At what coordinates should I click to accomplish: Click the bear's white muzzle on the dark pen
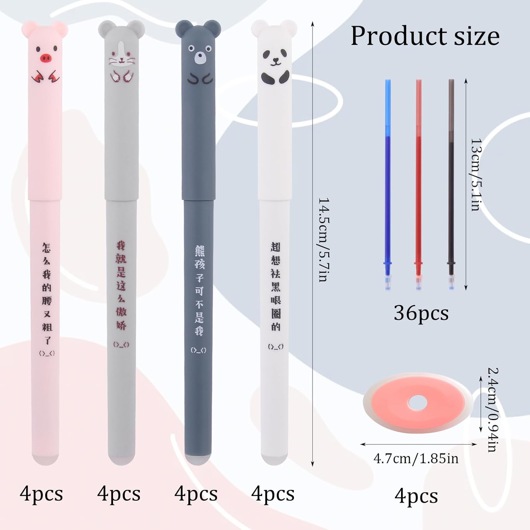tap(200, 58)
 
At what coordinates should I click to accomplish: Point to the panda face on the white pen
tap(275, 58)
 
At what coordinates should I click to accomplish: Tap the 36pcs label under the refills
tap(421, 313)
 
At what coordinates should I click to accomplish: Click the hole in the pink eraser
tap(418, 402)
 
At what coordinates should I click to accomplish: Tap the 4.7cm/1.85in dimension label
tap(416, 459)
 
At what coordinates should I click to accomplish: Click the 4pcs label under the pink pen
tap(41, 494)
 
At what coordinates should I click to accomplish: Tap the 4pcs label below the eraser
tap(416, 496)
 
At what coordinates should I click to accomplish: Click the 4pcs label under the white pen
tap(273, 494)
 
